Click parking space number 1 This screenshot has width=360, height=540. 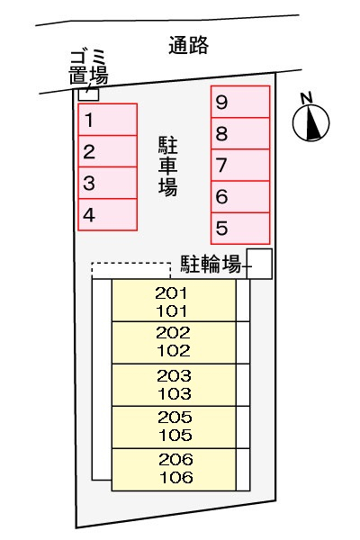pyautogui.click(x=108, y=119)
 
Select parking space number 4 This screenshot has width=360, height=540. pyautogui.click(x=108, y=214)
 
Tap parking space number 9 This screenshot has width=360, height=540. pyautogui.click(x=240, y=102)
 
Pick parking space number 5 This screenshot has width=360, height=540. pyautogui.click(x=240, y=228)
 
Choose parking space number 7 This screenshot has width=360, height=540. pyautogui.click(x=240, y=165)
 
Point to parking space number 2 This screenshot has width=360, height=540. pyautogui.click(x=108, y=151)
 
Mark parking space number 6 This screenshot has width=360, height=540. pyautogui.click(x=240, y=196)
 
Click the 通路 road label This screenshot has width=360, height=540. pyautogui.click(x=188, y=45)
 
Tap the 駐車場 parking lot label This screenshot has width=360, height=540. pyautogui.click(x=168, y=166)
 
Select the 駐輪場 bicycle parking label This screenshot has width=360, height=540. pyautogui.click(x=211, y=264)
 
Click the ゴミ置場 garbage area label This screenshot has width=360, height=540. pyautogui.click(x=89, y=67)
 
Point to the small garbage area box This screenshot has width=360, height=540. pyautogui.click(x=88, y=94)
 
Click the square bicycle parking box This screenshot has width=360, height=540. pyautogui.click(x=259, y=264)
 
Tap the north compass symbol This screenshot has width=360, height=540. pyautogui.click(x=311, y=119)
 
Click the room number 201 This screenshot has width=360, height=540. pyautogui.click(x=171, y=293)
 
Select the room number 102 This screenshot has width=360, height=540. pyautogui.click(x=174, y=351)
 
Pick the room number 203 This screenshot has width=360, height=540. pyautogui.click(x=174, y=375)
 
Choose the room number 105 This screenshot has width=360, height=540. pyautogui.click(x=175, y=436)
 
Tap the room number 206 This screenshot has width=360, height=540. pyautogui.click(x=176, y=459)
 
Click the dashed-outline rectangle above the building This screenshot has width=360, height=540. pyautogui.click(x=130, y=264)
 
